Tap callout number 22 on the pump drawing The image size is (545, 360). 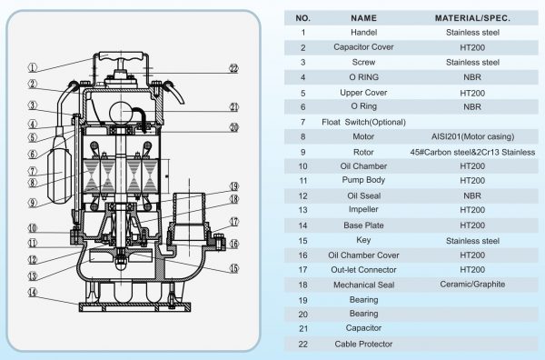[x=233, y=68]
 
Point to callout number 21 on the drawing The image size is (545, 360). [x=233, y=106]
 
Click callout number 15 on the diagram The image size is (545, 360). [x=233, y=268]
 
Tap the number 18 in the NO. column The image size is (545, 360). [x=302, y=284]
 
